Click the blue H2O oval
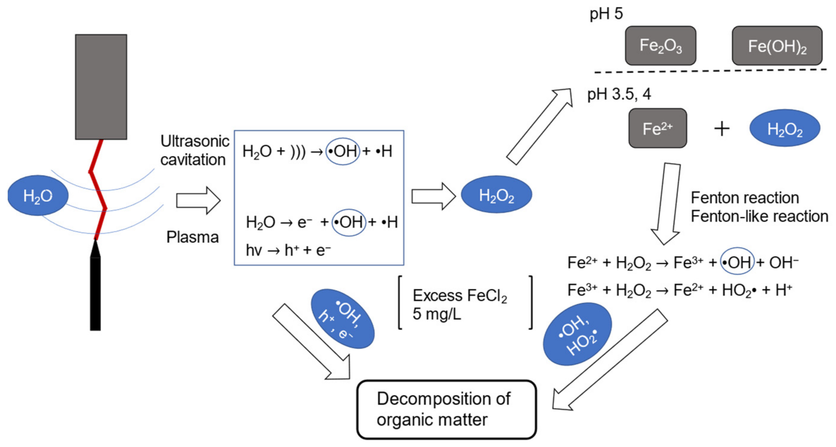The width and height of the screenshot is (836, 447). pos(38,195)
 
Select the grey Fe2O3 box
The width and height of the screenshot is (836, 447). pos(661,46)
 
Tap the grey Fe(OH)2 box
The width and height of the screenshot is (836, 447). pos(777,46)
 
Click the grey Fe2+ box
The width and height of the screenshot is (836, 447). pos(658,128)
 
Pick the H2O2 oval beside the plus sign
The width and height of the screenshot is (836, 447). pos(784,128)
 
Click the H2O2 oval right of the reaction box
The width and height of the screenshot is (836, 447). pos(496,195)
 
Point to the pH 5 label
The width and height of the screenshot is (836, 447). pos(606,14)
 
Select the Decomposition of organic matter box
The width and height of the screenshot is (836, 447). pos(446,409)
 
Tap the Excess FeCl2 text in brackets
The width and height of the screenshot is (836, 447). pos(459,296)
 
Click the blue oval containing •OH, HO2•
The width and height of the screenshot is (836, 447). pos(577,334)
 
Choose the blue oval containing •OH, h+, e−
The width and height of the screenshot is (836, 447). pos(343,319)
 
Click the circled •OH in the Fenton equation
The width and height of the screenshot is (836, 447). pos(737,262)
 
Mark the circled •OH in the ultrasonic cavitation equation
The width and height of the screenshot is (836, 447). pos(343,151)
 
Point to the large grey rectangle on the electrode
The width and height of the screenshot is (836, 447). pos(101,87)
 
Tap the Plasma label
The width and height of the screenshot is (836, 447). pos(192,237)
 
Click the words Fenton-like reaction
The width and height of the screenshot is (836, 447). pos(759,216)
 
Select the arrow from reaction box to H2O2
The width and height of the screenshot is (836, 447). pos(433,196)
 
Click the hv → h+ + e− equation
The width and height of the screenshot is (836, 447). pos(288,250)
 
